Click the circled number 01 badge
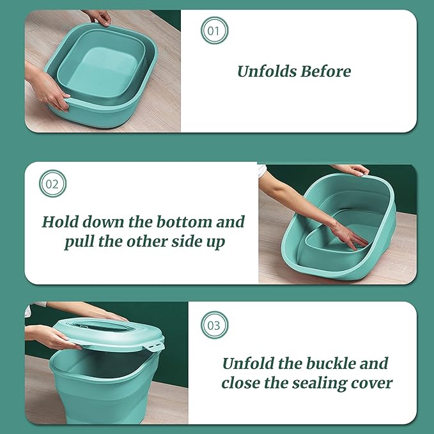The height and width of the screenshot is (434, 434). pyautogui.click(x=214, y=31)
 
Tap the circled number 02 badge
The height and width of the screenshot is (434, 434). pyautogui.click(x=52, y=185)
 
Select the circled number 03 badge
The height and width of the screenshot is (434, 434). pyautogui.click(x=214, y=325)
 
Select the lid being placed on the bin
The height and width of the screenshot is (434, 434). pyautogui.click(x=109, y=332)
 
